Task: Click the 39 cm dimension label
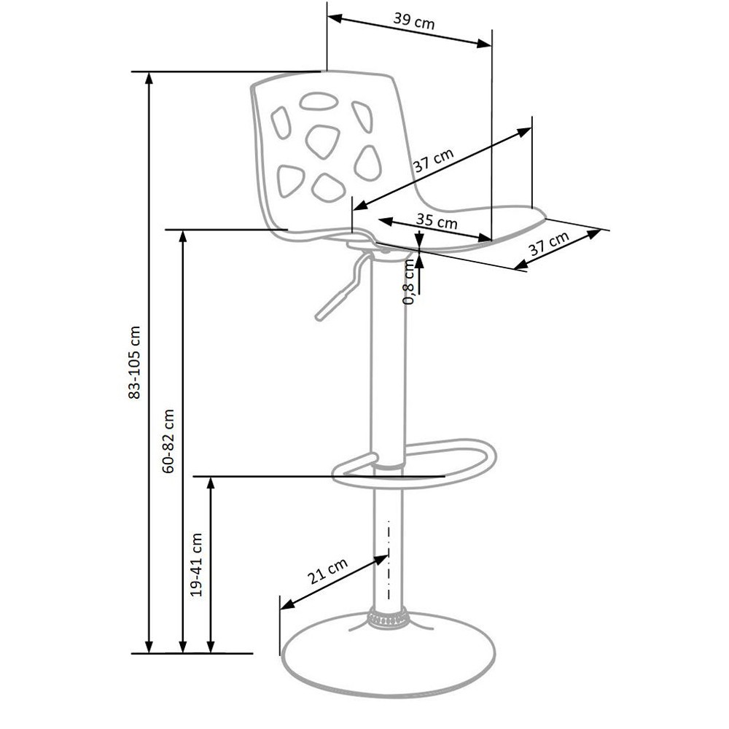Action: tap(414, 21)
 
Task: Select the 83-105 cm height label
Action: tap(134, 362)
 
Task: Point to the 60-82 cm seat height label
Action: tap(168, 441)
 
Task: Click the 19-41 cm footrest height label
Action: tap(197, 565)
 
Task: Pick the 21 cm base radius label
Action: tap(327, 571)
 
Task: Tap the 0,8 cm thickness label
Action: tap(409, 281)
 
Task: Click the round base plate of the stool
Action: tap(389, 654)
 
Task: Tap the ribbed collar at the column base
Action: tap(387, 617)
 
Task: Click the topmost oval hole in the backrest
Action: tap(318, 101)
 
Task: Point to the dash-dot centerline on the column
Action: tap(389, 560)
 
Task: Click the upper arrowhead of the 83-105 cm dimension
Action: tap(149, 78)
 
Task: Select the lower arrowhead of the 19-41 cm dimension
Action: tap(211, 647)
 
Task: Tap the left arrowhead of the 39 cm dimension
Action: tap(335, 18)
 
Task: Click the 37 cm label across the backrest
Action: tap(433, 160)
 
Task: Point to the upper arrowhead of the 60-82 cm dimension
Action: tap(183, 235)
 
